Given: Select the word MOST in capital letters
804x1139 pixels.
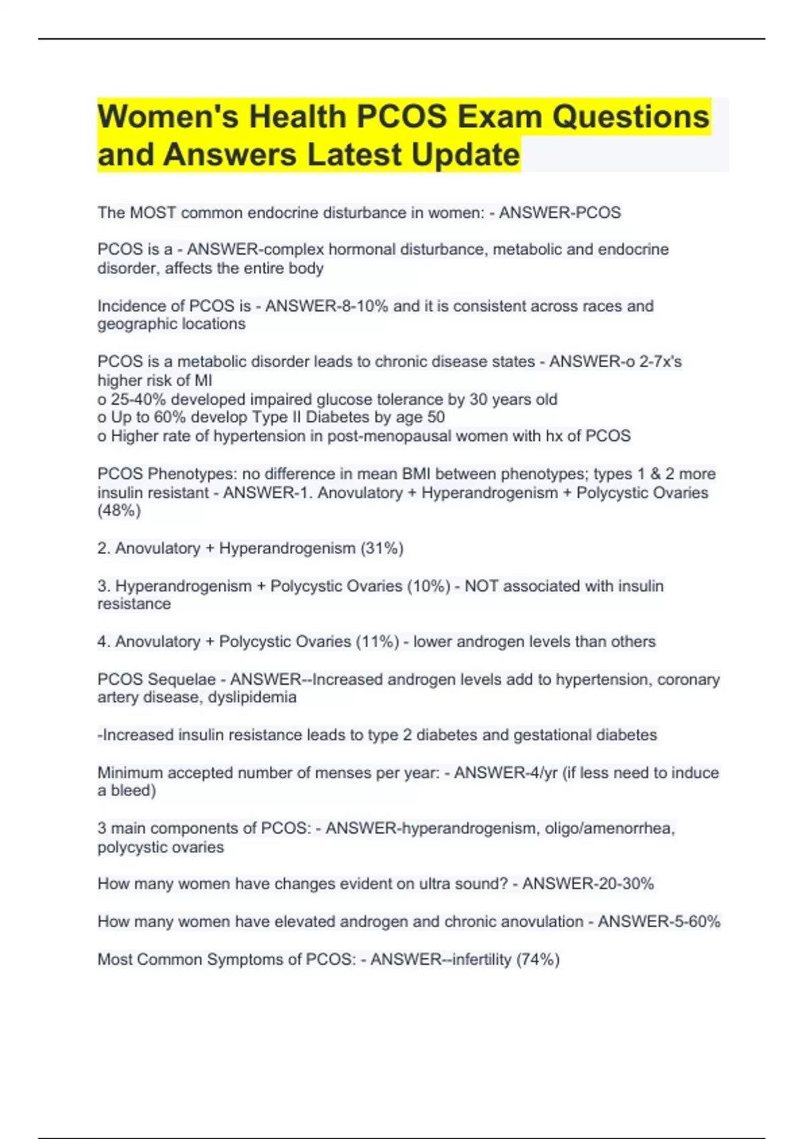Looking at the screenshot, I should click(153, 213).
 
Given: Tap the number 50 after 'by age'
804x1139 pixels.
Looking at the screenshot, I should click(435, 417).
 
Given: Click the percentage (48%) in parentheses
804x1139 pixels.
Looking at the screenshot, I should click(119, 511).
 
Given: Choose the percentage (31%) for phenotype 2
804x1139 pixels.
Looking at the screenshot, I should click(382, 549).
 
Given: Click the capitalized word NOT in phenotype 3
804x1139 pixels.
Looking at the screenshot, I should click(481, 586).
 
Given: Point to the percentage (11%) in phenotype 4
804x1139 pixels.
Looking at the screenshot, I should click(377, 642).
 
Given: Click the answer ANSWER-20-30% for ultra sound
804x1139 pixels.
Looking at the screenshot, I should click(588, 884).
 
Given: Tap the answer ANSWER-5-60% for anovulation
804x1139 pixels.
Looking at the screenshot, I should click(659, 922).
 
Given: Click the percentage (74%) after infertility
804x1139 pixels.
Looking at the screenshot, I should click(537, 959).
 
